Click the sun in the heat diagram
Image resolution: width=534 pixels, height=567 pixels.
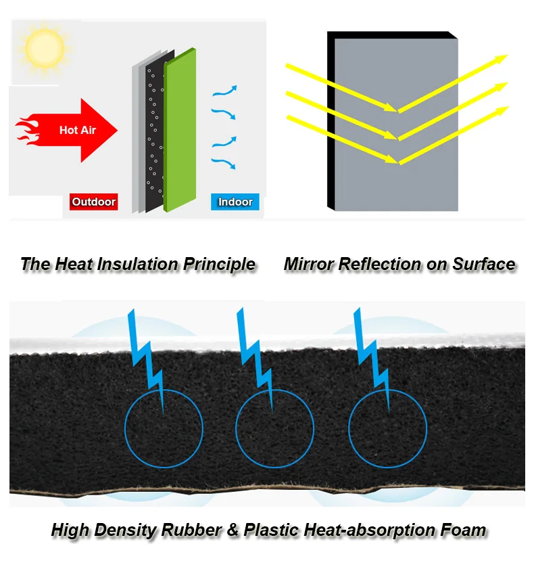(45, 48)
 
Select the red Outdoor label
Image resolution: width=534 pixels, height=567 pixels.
(93, 202)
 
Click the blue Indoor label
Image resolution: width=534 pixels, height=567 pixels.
(235, 202)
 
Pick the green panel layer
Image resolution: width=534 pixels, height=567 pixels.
(180, 130)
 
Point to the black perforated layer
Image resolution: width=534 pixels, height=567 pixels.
(155, 130)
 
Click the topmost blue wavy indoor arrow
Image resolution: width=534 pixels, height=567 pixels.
(224, 91)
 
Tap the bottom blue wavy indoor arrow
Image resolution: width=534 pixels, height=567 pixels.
(224, 164)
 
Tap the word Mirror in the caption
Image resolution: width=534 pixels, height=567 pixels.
(309, 264)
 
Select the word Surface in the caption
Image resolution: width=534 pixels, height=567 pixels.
(484, 264)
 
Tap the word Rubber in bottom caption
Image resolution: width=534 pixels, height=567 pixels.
(191, 530)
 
